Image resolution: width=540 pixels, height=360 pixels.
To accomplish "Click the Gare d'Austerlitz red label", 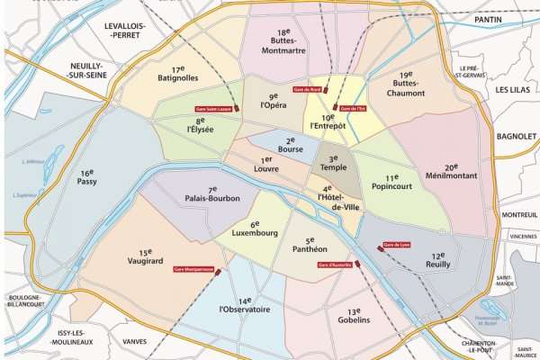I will [x=334, y=264].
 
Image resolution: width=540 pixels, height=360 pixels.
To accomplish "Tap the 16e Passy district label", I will [x=87, y=176].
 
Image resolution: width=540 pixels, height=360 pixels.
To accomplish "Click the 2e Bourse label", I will [x=290, y=146].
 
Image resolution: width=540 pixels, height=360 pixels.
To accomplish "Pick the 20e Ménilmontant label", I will [x=450, y=172].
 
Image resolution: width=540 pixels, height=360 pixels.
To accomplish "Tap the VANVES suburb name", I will [x=134, y=341].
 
